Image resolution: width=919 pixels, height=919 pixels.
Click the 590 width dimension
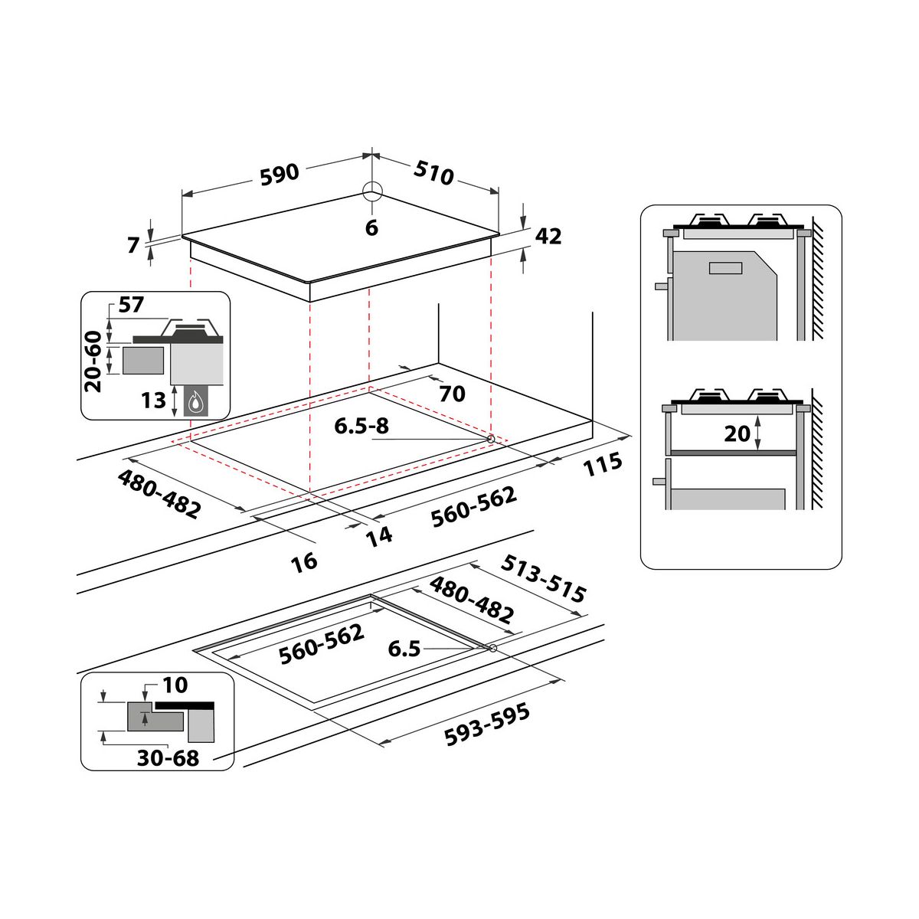(279, 174)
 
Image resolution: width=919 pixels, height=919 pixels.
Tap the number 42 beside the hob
(548, 237)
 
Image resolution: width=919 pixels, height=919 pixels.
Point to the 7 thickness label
(134, 245)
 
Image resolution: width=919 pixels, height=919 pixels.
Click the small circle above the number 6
(371, 191)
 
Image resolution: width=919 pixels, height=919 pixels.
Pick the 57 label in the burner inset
(131, 305)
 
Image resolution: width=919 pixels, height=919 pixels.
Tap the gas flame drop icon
(197, 401)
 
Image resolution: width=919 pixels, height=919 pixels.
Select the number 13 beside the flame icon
(154, 399)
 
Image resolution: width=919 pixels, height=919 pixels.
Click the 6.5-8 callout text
(361, 426)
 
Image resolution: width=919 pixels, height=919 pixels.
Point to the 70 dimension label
(452, 394)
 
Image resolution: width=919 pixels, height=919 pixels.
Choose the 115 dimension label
(603, 465)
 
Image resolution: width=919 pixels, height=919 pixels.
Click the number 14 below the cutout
(379, 535)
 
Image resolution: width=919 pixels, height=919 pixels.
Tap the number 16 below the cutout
(304, 561)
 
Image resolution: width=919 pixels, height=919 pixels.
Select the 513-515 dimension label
(543, 578)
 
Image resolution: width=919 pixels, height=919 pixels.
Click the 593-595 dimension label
(487, 724)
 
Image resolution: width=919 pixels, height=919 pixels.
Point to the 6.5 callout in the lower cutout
(404, 649)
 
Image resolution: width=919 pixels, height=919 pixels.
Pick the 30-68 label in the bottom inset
(168, 758)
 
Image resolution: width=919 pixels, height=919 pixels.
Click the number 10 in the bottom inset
(175, 685)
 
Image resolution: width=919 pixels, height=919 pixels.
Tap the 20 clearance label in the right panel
(737, 433)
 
